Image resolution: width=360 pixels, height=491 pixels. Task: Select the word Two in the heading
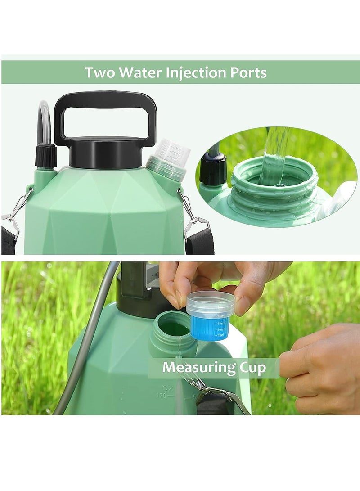pos(100,72)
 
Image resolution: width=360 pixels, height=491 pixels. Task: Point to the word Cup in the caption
pos(252,368)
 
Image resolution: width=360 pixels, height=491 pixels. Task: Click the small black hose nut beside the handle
pos(46,155)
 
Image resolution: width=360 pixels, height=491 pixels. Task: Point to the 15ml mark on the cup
pos(221,323)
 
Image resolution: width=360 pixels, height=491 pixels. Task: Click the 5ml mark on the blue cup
pos(220,335)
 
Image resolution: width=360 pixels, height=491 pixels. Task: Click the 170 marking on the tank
pos(161,396)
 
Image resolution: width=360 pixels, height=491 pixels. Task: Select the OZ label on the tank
pos(168,387)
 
